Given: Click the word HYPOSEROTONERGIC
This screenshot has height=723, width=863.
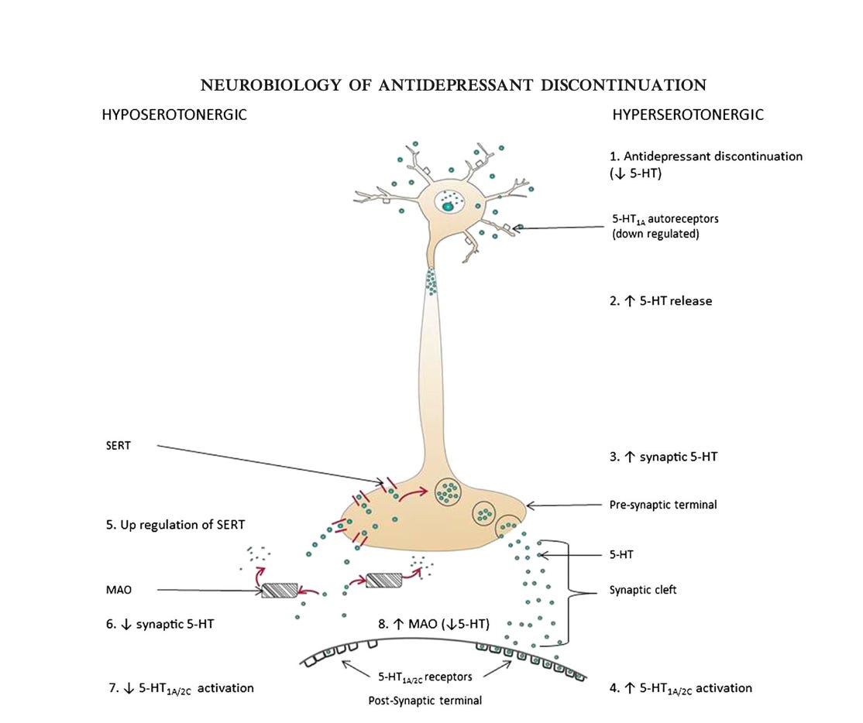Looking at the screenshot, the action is pos(174,115).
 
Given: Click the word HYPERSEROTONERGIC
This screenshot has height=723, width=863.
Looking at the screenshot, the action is pos(688,115).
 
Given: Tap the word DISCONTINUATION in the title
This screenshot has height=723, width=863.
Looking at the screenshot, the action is pos(624,85).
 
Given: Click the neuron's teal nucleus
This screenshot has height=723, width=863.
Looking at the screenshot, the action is pos(448,207).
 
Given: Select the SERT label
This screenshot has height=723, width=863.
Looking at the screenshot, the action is pos(119,446).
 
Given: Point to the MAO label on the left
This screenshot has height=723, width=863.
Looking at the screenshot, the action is pos(119,590).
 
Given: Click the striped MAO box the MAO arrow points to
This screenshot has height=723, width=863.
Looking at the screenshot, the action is pos(280,591).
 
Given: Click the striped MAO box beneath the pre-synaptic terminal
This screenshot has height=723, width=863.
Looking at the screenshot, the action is pos(383,580).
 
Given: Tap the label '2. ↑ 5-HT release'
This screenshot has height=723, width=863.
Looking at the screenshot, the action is pos(661,301).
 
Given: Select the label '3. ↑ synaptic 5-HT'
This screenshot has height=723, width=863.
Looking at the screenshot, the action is pos(663,457).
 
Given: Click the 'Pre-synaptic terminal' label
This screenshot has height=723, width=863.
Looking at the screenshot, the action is pos(663,505).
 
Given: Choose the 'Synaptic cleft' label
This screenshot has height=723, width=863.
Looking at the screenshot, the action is pos(643,590).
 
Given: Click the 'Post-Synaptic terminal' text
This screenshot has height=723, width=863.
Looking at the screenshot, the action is pos(425,701).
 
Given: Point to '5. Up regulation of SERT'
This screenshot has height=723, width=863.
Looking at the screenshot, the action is pos(175,525).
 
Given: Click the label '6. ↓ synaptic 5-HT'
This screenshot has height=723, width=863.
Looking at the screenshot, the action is pos(160,625).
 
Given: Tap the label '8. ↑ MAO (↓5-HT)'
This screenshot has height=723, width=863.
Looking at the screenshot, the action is pos(434,624).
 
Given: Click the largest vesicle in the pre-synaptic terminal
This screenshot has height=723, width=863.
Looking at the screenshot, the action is pos(448,491).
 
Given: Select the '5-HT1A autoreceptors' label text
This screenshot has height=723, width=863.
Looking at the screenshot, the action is pos(665,219).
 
